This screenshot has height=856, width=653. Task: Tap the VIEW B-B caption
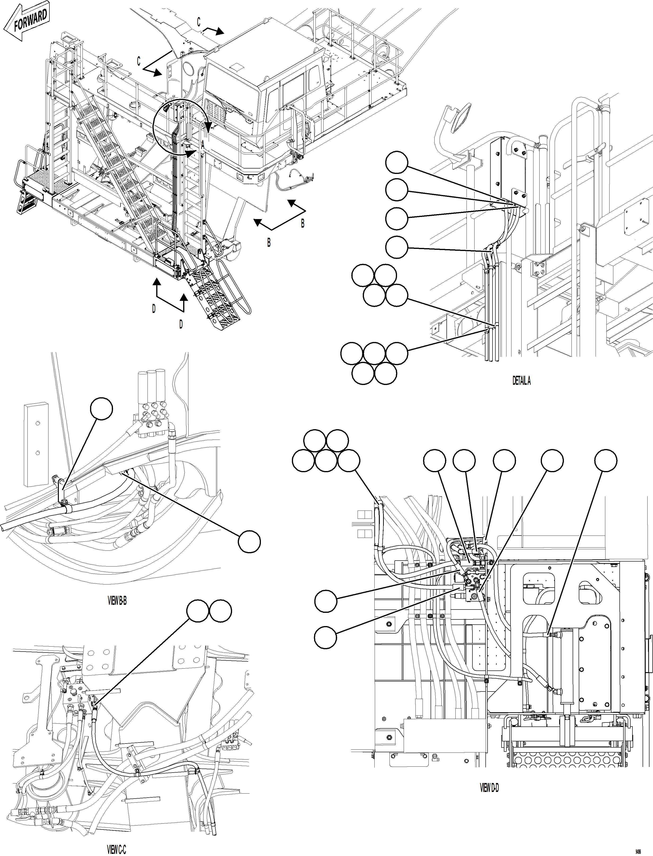tap(117, 601)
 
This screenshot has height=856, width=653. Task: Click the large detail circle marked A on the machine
tap(180, 127)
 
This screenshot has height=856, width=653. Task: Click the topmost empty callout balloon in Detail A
tap(397, 163)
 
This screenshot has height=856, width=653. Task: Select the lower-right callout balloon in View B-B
tap(249, 541)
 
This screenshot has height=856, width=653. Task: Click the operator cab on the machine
tap(264, 82)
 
